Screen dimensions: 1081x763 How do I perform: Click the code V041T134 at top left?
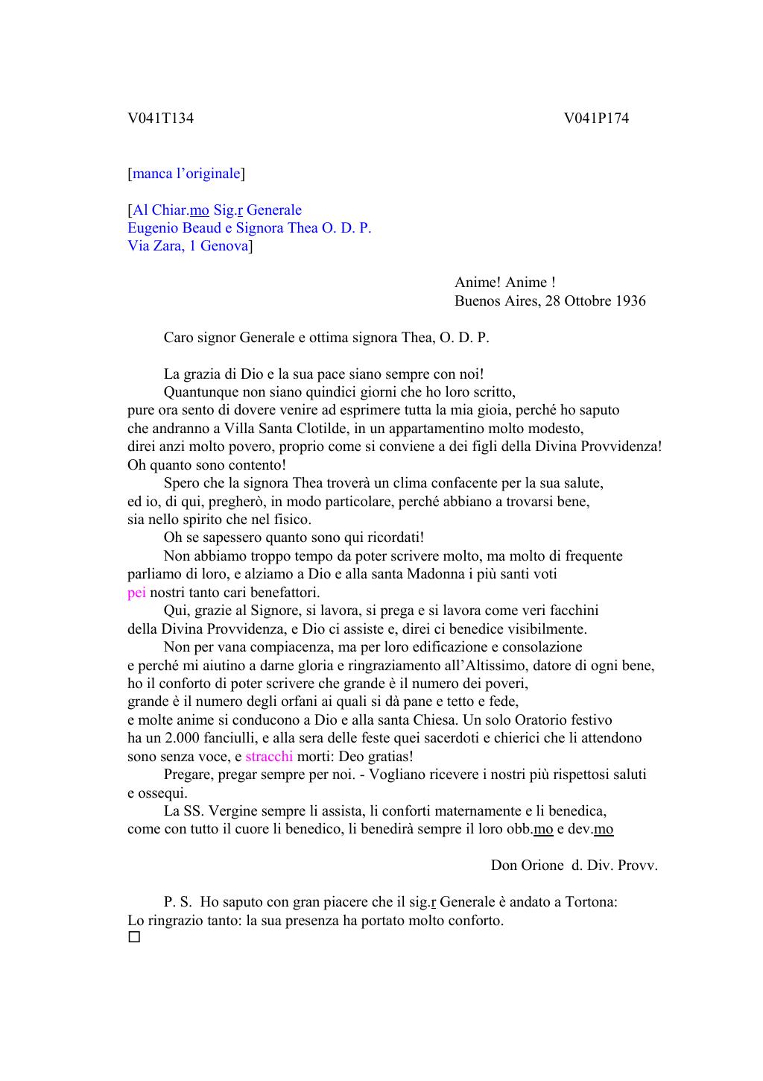click(160, 119)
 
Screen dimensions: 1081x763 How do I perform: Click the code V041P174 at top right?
click(596, 119)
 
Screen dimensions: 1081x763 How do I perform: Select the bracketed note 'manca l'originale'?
click(186, 174)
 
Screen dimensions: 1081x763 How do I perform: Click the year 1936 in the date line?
click(630, 301)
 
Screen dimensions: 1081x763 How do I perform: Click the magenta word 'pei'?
click(136, 593)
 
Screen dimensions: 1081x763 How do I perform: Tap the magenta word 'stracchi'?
click(269, 757)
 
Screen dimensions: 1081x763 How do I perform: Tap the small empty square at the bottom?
click(134, 937)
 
